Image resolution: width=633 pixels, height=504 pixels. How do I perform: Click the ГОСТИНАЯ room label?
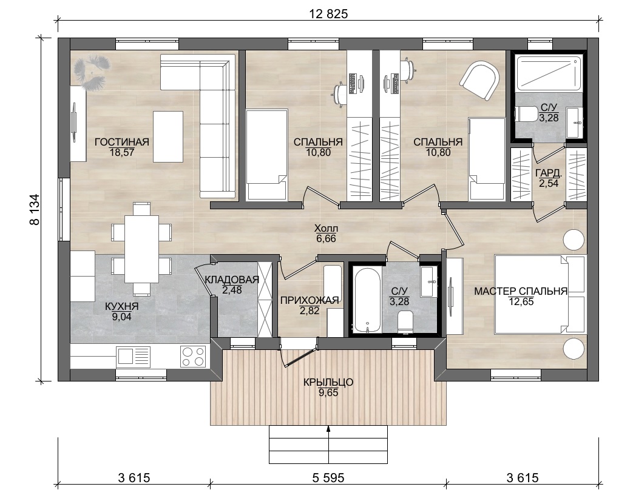(121, 142)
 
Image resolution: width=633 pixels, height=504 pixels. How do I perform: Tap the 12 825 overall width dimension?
(328, 14)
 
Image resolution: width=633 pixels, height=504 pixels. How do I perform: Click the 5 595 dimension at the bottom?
(328, 478)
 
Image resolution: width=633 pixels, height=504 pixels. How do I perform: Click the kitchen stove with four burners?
(193, 356)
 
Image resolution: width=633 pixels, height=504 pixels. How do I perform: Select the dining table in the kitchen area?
(141, 249)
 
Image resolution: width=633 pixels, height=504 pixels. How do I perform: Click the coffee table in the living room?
(168, 136)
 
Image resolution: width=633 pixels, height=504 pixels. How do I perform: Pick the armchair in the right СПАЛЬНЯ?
(479, 79)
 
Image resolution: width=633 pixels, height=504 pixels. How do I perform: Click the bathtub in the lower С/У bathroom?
(367, 300)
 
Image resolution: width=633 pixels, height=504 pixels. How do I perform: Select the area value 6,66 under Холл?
(326, 238)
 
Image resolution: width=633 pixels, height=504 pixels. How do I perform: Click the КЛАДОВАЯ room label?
(232, 280)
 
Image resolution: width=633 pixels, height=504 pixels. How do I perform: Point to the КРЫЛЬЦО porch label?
(328, 382)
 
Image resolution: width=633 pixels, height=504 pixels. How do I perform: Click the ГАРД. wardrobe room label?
(549, 173)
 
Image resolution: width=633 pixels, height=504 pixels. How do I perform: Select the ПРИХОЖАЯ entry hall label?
(310, 300)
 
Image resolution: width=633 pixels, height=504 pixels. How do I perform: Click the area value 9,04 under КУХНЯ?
(121, 317)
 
